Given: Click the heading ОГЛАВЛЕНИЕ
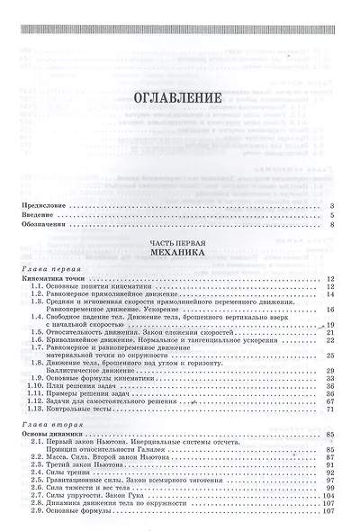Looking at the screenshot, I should [178, 95].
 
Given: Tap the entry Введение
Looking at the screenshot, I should [39, 216].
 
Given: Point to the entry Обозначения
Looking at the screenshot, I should [43, 225].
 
